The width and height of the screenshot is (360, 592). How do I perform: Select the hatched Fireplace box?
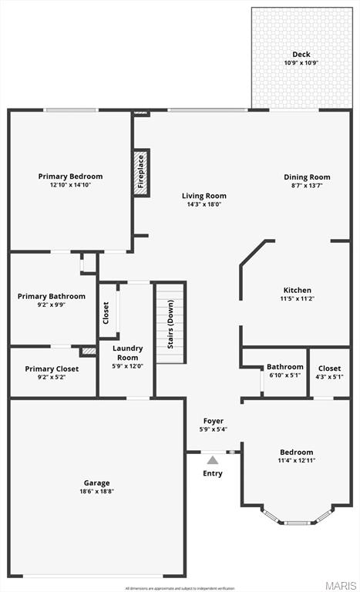tap(141, 173)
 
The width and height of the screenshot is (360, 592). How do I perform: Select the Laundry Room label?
tap(127, 353)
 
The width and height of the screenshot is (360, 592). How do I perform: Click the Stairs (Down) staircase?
tap(171, 324)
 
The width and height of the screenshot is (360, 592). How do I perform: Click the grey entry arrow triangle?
tap(213, 460)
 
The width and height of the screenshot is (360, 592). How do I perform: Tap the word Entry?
tap(213, 473)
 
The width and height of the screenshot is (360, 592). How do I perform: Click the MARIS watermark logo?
tap(339, 585)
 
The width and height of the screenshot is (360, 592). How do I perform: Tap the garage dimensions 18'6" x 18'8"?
tap(97, 492)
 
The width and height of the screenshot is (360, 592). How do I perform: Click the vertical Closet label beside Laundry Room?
tap(106, 312)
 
